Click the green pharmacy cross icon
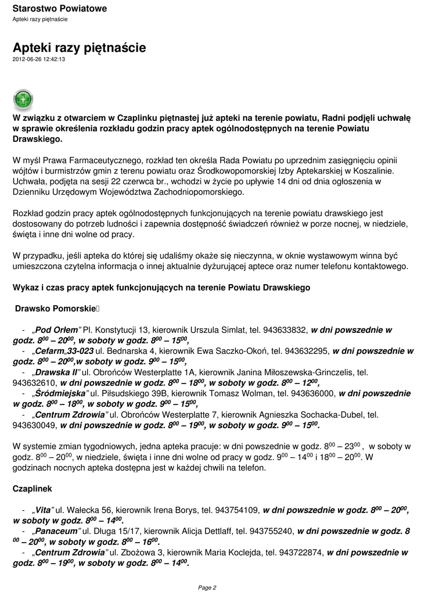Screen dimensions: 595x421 click(x=23, y=99)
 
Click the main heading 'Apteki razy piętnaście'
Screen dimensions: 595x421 click(x=79, y=48)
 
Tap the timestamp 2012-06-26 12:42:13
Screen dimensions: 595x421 click(x=39, y=59)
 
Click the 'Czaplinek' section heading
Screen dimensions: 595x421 click(x=33, y=489)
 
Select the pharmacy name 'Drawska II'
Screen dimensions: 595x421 click(x=56, y=372)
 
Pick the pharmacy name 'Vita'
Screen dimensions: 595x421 click(x=44, y=510)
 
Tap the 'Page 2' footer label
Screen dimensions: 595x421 click(x=207, y=587)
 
